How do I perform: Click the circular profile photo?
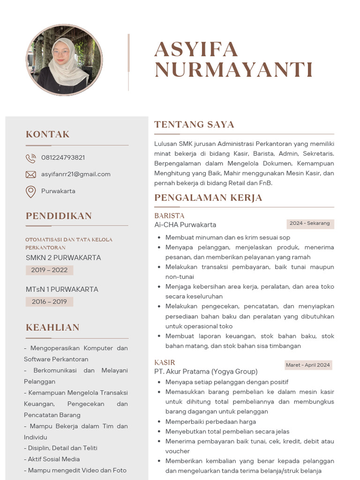click(64, 60)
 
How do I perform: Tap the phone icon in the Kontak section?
click(30, 158)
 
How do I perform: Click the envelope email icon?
click(30, 174)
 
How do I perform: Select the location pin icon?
click(30, 191)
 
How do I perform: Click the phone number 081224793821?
click(63, 157)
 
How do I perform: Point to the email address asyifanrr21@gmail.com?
click(75, 174)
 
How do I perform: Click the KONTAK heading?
click(47, 135)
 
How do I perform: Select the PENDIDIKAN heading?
click(59, 216)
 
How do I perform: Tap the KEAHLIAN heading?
click(52, 327)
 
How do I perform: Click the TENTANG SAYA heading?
click(194, 124)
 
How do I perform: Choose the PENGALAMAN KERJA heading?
click(208, 197)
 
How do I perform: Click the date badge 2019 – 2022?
click(49, 270)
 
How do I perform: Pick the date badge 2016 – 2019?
click(49, 302)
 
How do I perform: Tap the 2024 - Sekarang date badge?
click(309, 224)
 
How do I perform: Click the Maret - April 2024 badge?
click(307, 365)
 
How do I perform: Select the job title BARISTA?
click(169, 216)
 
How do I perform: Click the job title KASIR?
click(165, 362)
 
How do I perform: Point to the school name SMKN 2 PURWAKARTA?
click(63, 257)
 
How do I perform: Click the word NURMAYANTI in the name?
click(233, 70)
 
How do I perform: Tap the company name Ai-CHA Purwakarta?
click(185, 225)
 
